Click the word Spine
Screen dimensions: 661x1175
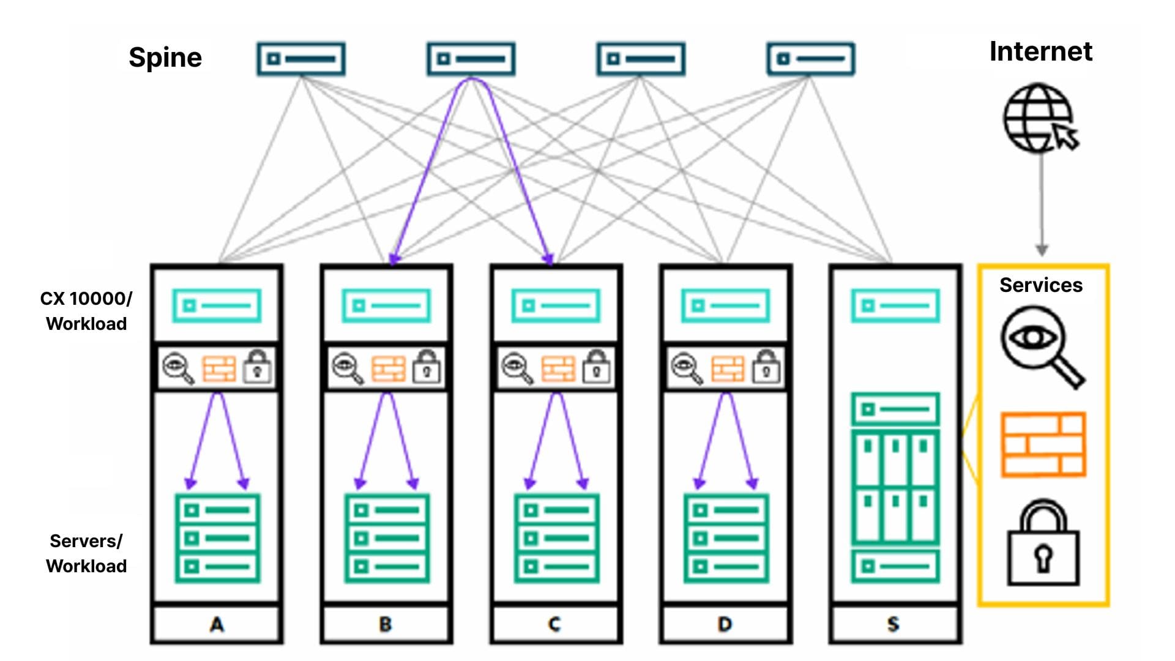(x=165, y=58)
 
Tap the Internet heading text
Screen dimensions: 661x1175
(x=1040, y=51)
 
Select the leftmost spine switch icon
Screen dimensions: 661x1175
(x=300, y=59)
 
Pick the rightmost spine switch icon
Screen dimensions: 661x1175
(x=810, y=59)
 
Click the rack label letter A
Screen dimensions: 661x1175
(x=217, y=624)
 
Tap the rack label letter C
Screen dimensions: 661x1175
(x=554, y=624)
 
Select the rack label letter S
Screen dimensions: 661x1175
(x=893, y=624)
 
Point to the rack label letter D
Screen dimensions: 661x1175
(x=725, y=624)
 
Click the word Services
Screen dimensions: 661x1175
(x=1040, y=285)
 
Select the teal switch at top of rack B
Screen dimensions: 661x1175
(x=386, y=305)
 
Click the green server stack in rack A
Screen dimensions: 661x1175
(x=217, y=538)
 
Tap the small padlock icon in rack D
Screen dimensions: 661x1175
(x=766, y=367)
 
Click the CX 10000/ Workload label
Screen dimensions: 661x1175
(x=86, y=311)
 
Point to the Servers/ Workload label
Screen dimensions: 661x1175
(x=86, y=553)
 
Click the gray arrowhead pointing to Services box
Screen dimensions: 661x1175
(x=1042, y=250)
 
